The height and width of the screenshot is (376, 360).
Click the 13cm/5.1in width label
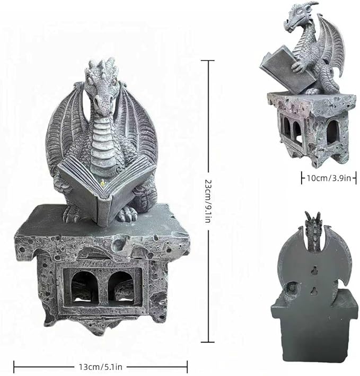101,367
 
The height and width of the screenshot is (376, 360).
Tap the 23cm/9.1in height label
207,201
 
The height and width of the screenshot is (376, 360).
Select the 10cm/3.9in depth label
329,178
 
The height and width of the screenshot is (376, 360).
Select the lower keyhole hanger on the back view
313,291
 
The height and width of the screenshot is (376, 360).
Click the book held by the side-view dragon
286,68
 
